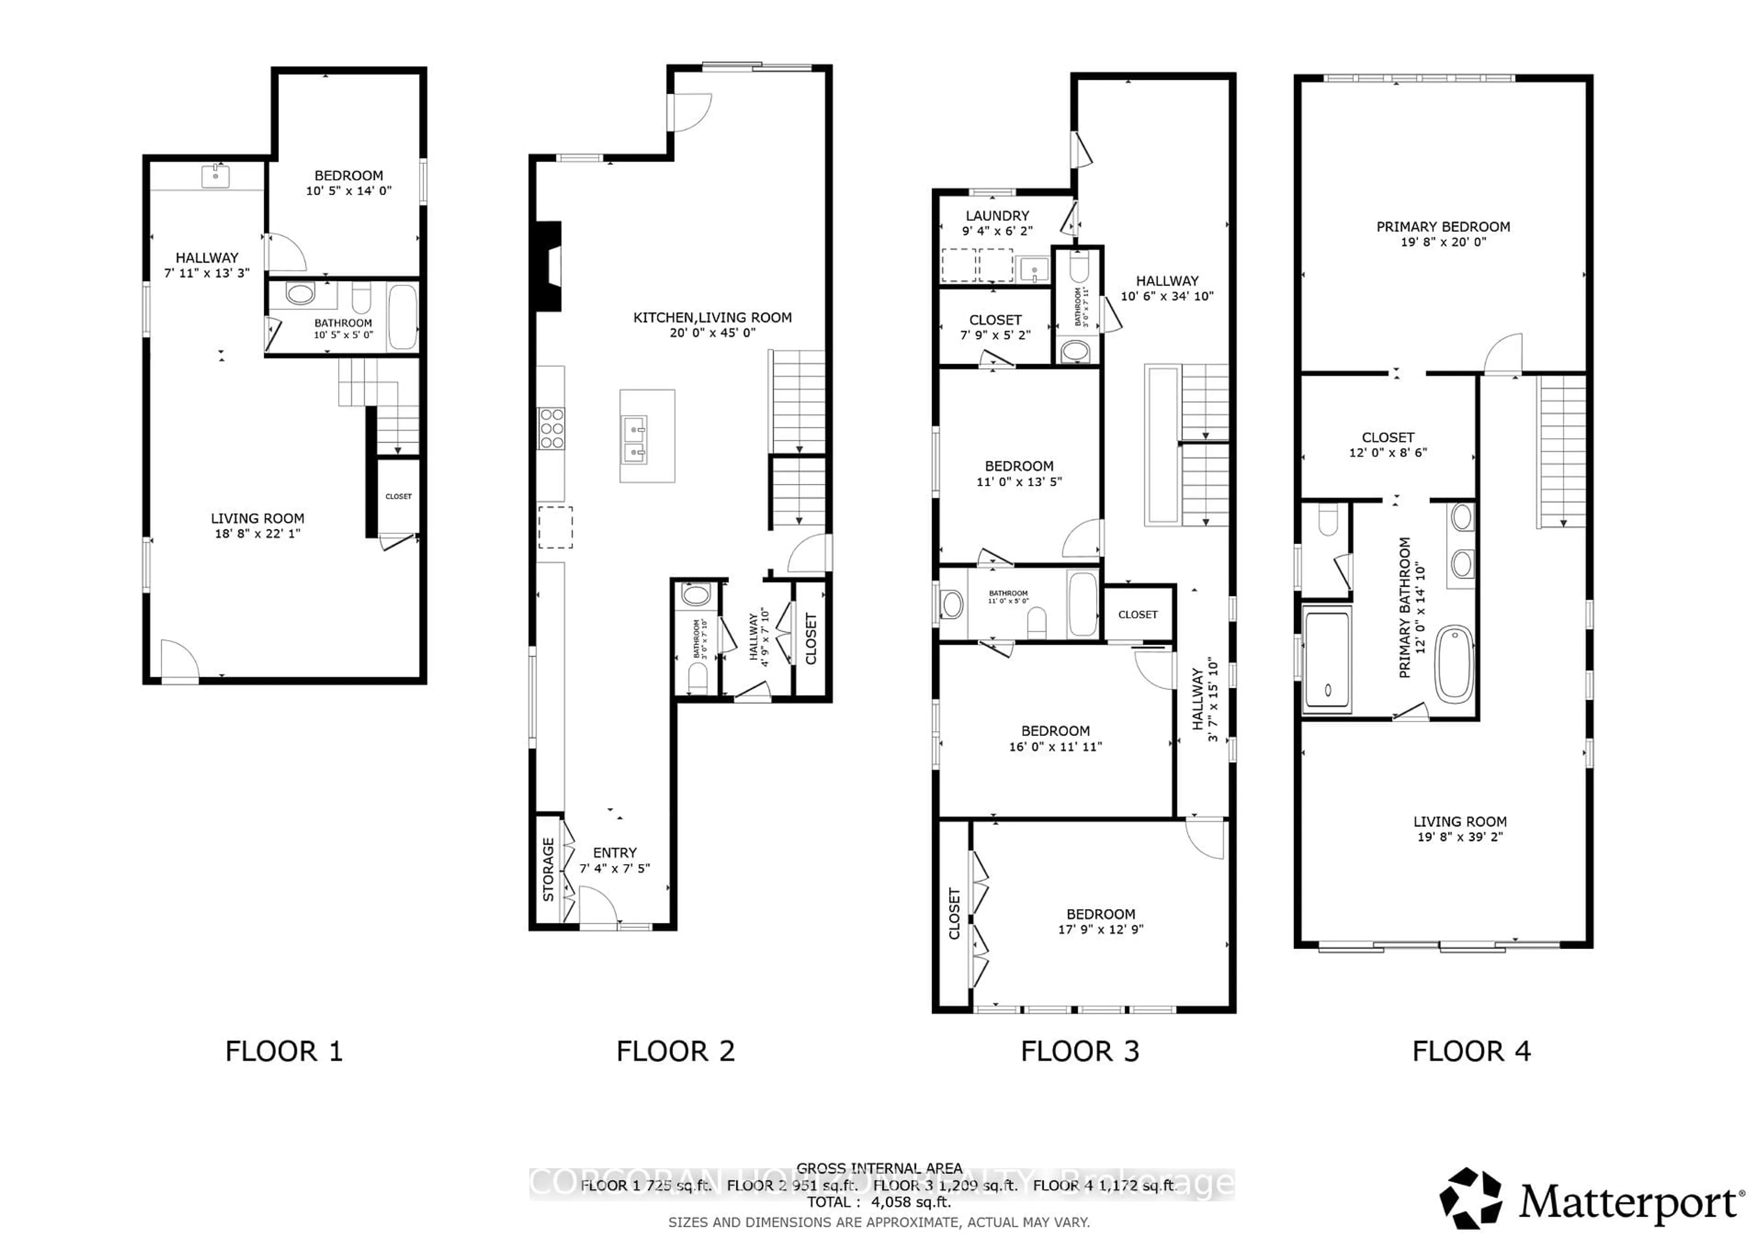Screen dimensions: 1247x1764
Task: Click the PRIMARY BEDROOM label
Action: pyautogui.click(x=1443, y=226)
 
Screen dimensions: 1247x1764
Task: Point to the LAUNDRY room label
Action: pyautogui.click(x=997, y=216)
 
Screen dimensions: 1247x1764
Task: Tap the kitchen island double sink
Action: pyautogui.click(x=634, y=441)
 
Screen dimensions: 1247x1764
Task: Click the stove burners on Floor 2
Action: pyautogui.click(x=551, y=428)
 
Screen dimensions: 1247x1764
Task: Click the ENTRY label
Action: pyautogui.click(x=615, y=852)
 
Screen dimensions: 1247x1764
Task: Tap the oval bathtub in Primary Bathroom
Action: pyautogui.click(x=1454, y=665)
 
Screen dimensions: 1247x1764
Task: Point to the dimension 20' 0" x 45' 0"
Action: pyautogui.click(x=712, y=332)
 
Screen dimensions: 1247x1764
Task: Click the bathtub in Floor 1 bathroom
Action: pyautogui.click(x=402, y=316)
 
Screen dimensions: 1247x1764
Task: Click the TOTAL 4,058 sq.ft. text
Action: pyautogui.click(x=878, y=1202)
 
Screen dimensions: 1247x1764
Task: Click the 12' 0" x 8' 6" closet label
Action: pyautogui.click(x=1387, y=452)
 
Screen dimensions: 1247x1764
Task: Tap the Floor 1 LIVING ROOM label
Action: pyautogui.click(x=257, y=518)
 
